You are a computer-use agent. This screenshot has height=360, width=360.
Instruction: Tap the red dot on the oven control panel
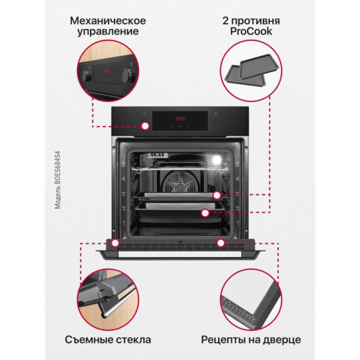click(146, 126)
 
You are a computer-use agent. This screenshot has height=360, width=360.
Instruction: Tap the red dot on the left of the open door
click(115, 243)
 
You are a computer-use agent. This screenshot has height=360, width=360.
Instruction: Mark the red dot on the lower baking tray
click(206, 213)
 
